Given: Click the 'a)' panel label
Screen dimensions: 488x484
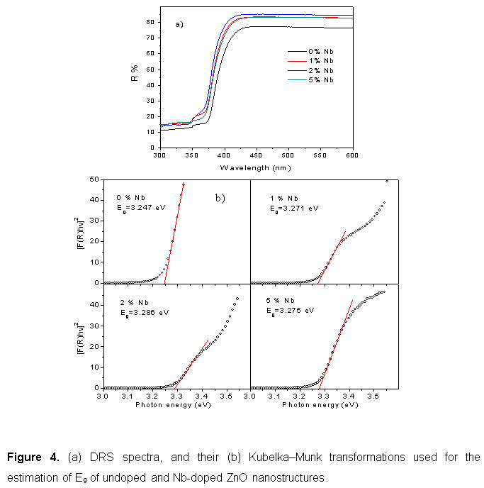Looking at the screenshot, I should pos(179,24).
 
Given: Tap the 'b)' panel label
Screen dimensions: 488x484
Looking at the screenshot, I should pos(220,198).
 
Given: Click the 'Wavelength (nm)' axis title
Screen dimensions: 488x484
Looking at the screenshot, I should pos(255,167).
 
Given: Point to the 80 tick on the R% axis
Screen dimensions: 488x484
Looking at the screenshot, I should pos(152,22).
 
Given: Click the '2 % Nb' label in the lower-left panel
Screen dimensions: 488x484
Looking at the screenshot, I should pos(135,302).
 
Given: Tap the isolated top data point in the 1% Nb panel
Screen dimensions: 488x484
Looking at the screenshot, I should pos(386,181).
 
